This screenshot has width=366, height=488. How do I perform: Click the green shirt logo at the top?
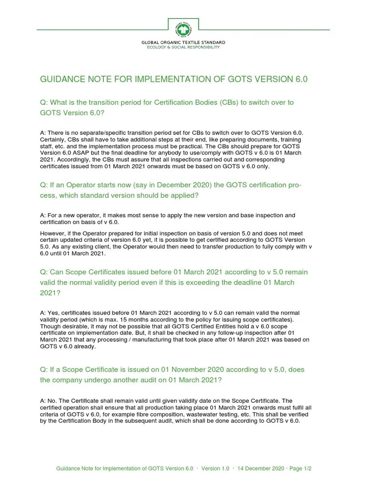point(183,28)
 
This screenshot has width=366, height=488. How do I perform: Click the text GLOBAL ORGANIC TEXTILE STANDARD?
point(183,43)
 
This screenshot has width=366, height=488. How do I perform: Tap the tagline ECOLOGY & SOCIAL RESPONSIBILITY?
point(183,48)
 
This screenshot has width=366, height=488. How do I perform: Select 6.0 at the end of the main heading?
point(301,79)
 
